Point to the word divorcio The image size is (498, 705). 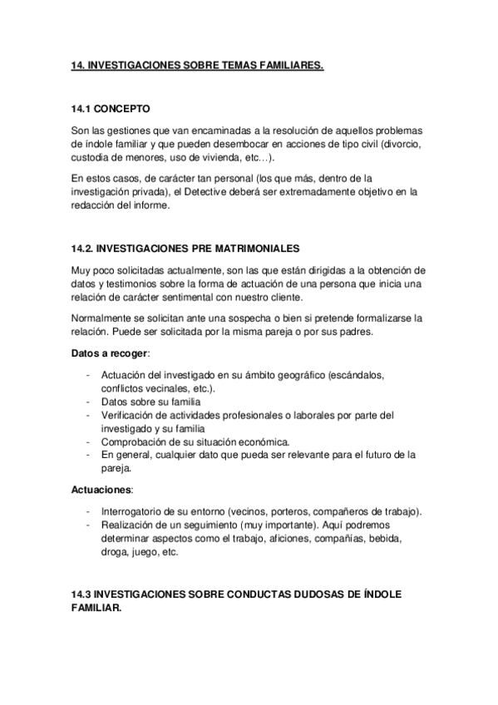tap(401, 145)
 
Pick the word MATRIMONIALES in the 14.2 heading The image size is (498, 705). tap(249, 249)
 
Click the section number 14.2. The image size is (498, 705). tap(85, 249)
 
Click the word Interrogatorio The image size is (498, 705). tap(135, 511)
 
